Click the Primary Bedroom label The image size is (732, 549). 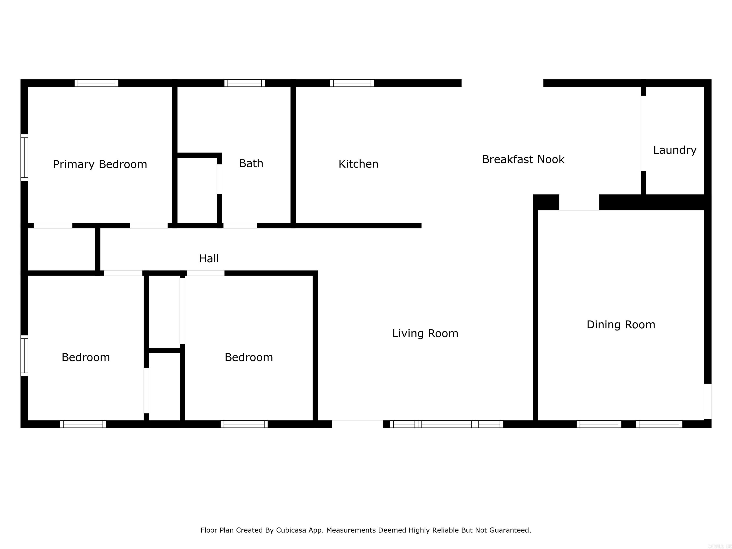(x=100, y=164)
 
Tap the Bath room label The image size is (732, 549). (x=251, y=163)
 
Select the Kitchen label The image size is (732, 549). (x=358, y=164)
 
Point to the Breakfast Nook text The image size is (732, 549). (x=523, y=159)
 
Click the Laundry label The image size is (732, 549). (x=674, y=150)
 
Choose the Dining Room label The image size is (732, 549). (x=620, y=325)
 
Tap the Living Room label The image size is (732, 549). (x=425, y=333)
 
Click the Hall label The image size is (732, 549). (x=208, y=259)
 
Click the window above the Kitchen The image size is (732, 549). (x=352, y=83)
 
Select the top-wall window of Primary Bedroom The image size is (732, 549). (x=96, y=83)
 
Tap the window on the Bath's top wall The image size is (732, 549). (x=244, y=83)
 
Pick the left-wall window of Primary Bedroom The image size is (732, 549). (x=24, y=158)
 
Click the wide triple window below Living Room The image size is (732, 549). (x=446, y=424)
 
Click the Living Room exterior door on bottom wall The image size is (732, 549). (x=357, y=424)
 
